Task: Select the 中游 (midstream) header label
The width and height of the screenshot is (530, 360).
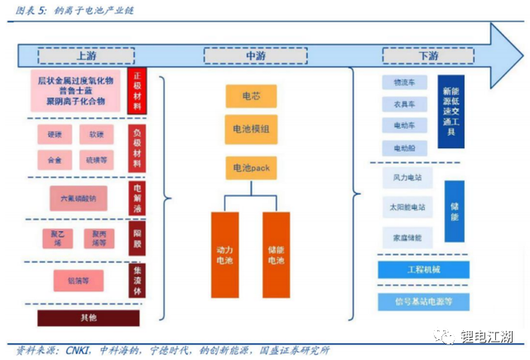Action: point(253,55)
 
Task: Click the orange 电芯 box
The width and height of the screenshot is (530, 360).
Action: point(251,96)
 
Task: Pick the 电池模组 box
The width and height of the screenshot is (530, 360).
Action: point(251,129)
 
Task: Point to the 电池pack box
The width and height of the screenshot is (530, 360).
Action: point(251,169)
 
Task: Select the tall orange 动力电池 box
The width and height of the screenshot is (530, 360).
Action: point(224,254)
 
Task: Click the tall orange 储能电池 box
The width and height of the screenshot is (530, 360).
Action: point(276,254)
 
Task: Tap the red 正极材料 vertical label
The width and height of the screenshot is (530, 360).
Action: point(137,91)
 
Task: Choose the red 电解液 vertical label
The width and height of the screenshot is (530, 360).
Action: point(137,199)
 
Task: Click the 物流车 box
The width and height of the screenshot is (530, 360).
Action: point(404,83)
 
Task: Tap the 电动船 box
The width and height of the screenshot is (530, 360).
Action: point(404,147)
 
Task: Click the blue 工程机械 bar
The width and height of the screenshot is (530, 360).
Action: point(423,271)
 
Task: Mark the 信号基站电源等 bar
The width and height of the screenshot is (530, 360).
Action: point(423,300)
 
